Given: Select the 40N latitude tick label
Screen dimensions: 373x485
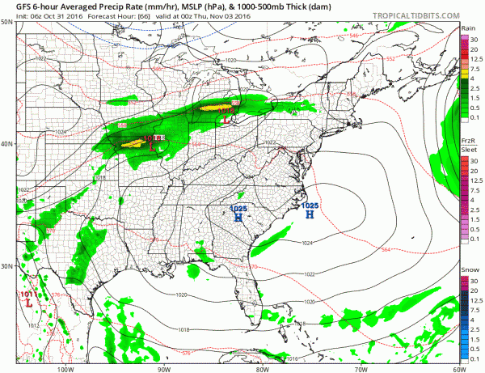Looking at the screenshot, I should point(7,144).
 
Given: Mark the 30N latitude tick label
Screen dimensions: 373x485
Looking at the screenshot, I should point(7,266).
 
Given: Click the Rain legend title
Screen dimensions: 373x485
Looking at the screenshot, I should point(467,28).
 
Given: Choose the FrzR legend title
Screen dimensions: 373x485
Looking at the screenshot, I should point(467,140).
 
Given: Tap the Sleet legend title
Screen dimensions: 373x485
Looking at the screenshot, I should point(467,150).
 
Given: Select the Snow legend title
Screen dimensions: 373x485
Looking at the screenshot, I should point(468,272).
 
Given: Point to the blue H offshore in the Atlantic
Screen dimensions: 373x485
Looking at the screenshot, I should point(309,215).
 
